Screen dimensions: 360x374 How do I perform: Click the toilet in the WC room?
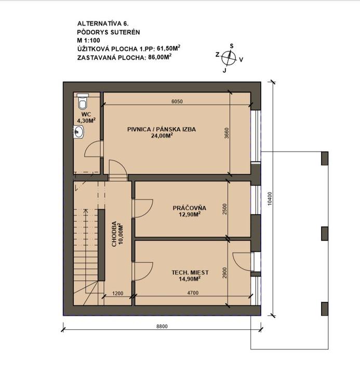tap(83, 101)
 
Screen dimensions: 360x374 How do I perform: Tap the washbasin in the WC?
tap(78, 131)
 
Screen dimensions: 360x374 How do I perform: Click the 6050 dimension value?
tap(177, 101)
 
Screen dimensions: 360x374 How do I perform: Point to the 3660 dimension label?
tap(226, 134)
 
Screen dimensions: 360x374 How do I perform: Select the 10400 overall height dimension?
tap(269, 198)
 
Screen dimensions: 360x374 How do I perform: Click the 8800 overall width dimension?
tap(162, 326)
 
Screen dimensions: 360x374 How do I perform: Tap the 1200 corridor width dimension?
tap(117, 293)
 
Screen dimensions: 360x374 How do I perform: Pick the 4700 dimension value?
tap(193, 292)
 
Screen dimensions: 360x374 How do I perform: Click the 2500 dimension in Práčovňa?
tap(225, 209)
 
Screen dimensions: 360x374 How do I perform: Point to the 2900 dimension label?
tap(225, 273)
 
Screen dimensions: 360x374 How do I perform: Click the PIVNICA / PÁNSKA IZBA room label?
tap(162, 129)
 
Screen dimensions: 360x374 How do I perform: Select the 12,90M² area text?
tap(190, 214)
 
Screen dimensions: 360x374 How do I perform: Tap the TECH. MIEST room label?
tap(190, 272)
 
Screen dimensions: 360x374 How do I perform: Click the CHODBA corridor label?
tap(114, 234)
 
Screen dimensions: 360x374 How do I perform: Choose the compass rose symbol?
tap(229, 58)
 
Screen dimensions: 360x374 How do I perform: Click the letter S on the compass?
tap(231, 46)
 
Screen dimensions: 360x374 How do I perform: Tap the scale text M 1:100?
tap(88, 41)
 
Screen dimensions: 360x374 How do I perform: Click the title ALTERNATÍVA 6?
tap(103, 23)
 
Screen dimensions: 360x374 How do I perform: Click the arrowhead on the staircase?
tap(86, 211)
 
